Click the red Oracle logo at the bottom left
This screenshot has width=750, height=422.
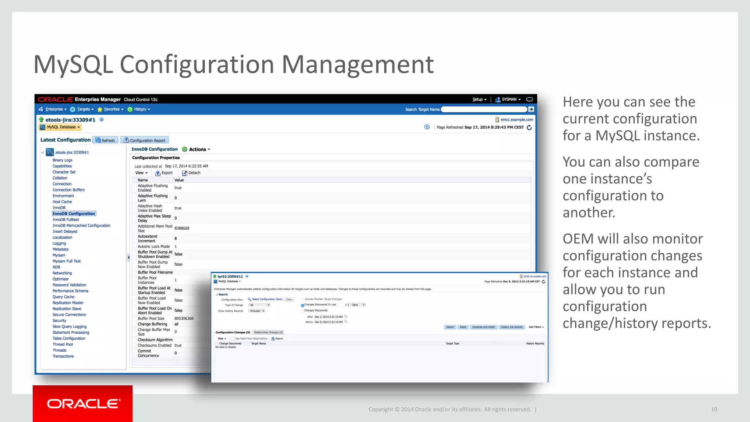coord(83,403)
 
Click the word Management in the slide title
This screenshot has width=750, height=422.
coord(357,64)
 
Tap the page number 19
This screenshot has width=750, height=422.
coord(714,409)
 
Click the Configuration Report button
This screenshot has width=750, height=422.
coord(145,140)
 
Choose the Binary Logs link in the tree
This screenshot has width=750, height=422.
coord(62,160)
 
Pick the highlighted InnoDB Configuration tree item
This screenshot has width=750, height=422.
coord(74,214)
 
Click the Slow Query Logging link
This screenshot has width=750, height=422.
coord(69,326)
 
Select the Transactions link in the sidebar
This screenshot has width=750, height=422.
coord(63,356)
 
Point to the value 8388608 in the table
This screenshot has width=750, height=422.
coord(182,228)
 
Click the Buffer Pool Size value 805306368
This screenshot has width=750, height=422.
coord(184,318)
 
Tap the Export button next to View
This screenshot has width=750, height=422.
coord(164,173)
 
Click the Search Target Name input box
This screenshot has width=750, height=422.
coord(484,109)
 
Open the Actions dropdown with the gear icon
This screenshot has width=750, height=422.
coord(197,149)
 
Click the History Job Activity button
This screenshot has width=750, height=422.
coord(512,327)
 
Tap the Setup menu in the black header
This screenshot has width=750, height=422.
coord(479,99)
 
